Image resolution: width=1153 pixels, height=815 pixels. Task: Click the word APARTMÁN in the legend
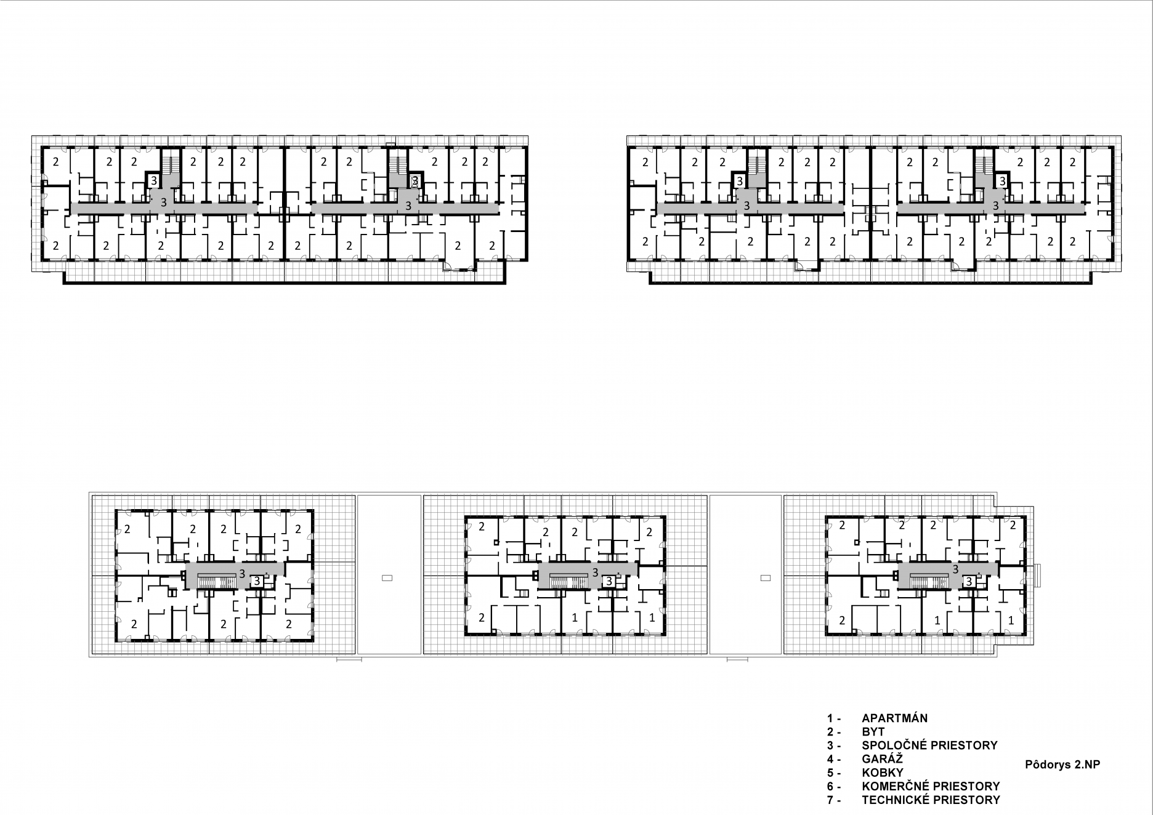(x=894, y=718)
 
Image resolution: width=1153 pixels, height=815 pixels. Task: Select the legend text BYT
(x=873, y=732)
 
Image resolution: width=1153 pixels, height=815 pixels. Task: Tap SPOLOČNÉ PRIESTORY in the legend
(x=929, y=745)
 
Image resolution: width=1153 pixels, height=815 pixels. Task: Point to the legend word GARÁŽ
(x=882, y=759)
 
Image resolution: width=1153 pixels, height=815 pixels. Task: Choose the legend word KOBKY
(x=883, y=773)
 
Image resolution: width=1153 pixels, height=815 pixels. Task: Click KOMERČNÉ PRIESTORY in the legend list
(x=931, y=786)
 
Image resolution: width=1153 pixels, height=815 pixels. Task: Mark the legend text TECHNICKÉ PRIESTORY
(x=931, y=800)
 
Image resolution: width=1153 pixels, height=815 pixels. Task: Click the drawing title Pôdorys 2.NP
(x=1062, y=765)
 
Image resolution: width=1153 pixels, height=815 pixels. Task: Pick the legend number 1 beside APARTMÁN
(x=830, y=718)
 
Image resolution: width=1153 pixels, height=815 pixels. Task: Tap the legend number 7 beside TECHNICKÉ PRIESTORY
(x=830, y=800)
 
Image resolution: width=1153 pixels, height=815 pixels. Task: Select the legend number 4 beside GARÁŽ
(x=830, y=759)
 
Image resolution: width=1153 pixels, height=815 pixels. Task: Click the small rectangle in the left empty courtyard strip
(x=387, y=577)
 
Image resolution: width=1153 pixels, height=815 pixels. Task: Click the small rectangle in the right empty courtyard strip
(x=766, y=577)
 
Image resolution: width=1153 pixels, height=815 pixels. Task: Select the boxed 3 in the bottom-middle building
(x=609, y=580)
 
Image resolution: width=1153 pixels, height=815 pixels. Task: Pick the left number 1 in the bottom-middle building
(x=575, y=617)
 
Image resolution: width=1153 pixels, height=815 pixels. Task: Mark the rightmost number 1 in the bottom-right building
(x=1011, y=621)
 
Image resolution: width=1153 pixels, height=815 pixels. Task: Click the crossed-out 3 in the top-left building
(x=415, y=181)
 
